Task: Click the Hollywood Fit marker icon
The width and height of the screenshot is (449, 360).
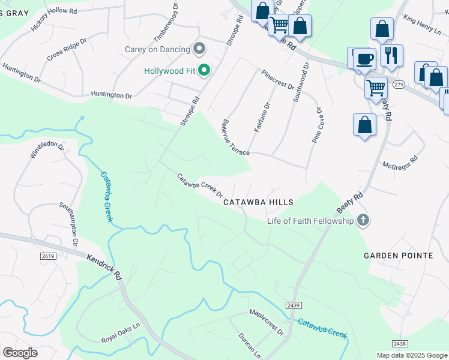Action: [x=204, y=71]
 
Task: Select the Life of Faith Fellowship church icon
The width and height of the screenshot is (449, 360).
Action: [x=363, y=220]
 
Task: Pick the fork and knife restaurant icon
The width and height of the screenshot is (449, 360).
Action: [x=391, y=56]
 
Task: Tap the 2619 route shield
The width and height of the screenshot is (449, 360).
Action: [x=48, y=256]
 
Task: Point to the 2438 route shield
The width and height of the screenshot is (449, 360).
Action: [x=400, y=343]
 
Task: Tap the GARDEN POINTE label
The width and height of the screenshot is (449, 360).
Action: [x=398, y=256]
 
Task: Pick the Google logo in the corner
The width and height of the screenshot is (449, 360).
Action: [x=20, y=353]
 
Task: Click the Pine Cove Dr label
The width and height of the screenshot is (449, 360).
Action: [x=318, y=125]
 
